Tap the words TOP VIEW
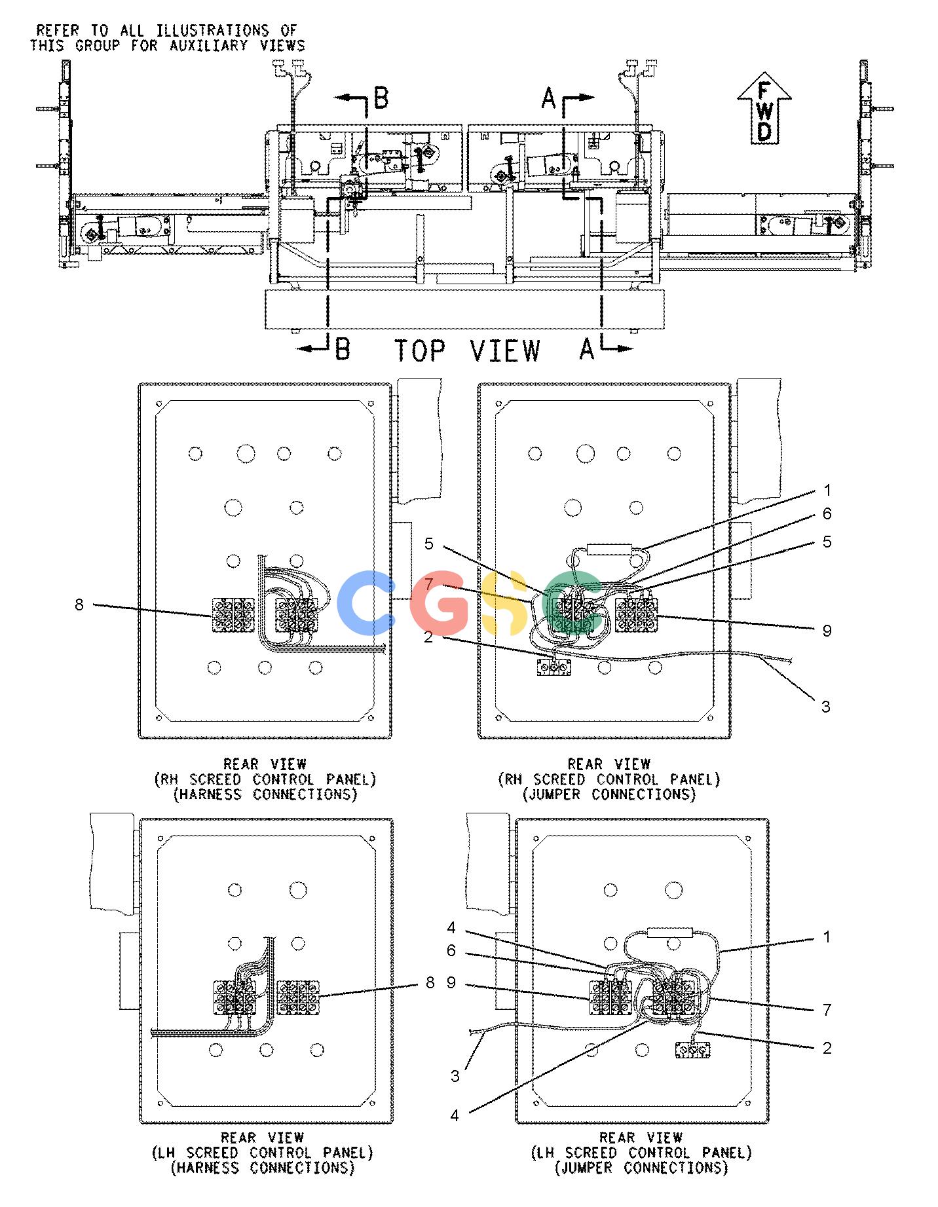pyautogui.click(x=467, y=351)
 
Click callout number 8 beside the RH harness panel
pyautogui.click(x=79, y=604)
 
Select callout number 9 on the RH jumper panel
pyautogui.click(x=827, y=630)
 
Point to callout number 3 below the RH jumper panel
pyautogui.click(x=826, y=706)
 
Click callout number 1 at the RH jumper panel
pyautogui.click(x=827, y=490)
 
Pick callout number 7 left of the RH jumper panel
pyautogui.click(x=428, y=582)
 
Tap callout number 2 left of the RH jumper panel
pyautogui.click(x=428, y=637)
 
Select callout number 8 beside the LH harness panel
pyautogui.click(x=430, y=982)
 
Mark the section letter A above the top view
pyautogui.click(x=548, y=99)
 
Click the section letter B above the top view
pyautogui.click(x=381, y=98)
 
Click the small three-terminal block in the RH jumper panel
pyautogui.click(x=554, y=667)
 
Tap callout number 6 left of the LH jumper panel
pyautogui.click(x=451, y=950)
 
